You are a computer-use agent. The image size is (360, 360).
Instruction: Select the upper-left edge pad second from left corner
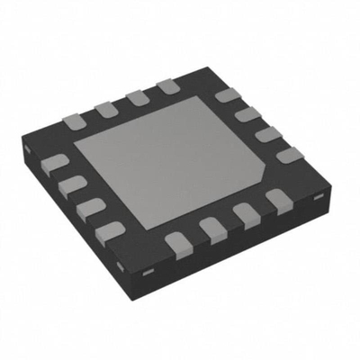106,108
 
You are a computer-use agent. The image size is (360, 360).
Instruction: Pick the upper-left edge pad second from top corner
136,97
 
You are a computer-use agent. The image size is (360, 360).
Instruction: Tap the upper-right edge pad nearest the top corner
224,96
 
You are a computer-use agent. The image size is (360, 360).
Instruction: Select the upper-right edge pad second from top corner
247,114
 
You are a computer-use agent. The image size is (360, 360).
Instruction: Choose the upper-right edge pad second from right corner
266,134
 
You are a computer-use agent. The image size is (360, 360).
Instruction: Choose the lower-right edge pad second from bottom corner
211,229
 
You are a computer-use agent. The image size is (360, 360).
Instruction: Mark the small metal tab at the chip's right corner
317,194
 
